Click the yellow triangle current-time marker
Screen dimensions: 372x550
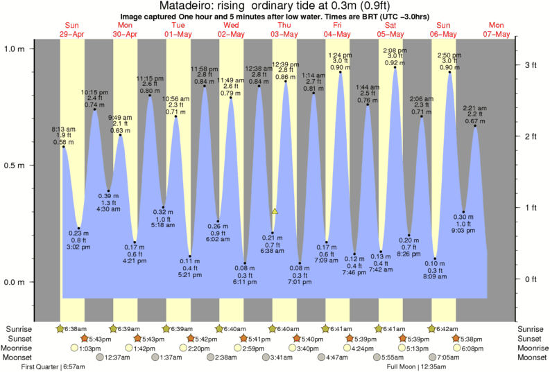(275, 211)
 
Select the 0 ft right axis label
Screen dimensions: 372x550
(531, 279)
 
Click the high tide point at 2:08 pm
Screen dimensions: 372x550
(395, 67)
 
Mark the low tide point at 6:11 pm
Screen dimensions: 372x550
(246, 263)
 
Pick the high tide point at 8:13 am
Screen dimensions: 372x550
(63, 146)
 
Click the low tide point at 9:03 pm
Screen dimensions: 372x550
(463, 212)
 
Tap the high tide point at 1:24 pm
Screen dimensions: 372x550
(341, 71)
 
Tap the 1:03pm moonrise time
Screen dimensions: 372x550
(84, 348)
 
